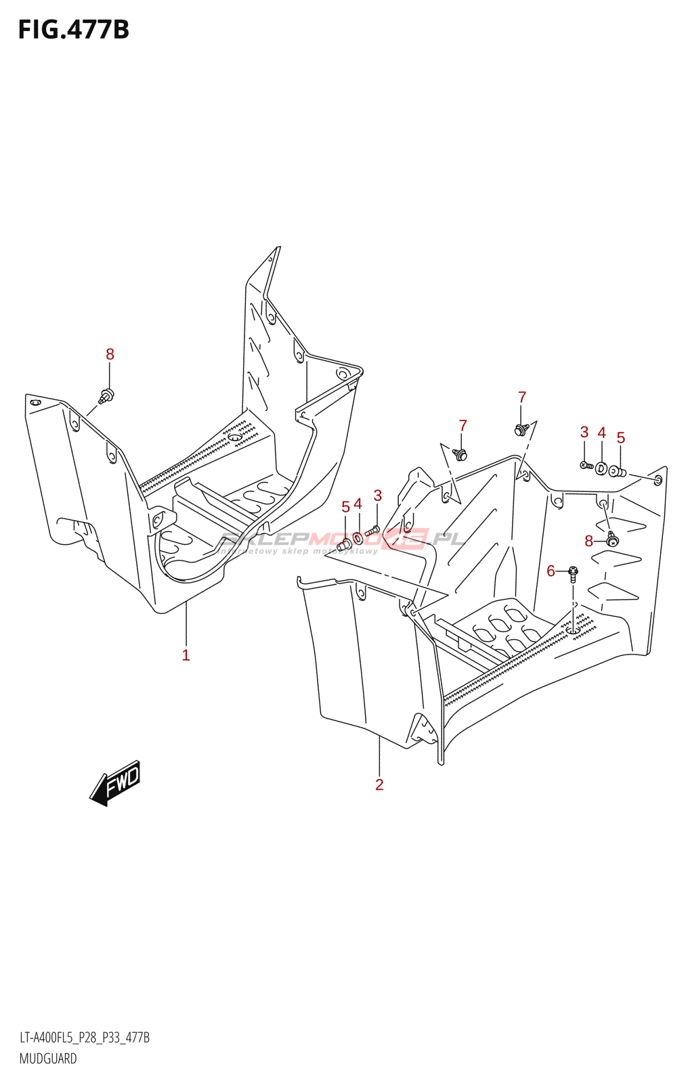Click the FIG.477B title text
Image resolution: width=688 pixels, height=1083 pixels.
coord(73,30)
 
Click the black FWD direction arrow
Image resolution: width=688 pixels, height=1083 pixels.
coord(115,783)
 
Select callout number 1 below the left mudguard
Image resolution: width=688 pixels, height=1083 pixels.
coord(186,655)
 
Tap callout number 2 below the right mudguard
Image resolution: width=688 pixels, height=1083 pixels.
coord(379,784)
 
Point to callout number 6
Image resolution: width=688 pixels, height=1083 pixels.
coord(551,571)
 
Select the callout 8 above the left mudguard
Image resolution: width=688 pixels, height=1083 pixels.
coord(110,354)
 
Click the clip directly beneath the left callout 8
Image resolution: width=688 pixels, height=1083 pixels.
coord(106,395)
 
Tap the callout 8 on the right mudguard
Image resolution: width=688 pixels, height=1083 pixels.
coord(588,541)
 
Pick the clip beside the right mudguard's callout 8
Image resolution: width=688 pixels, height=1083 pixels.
coord(612,539)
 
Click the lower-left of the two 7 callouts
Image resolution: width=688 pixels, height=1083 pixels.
coord(463,426)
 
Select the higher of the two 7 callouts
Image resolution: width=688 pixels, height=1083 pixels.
coord(521,397)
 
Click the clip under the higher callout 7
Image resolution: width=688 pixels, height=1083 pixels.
coord(520,429)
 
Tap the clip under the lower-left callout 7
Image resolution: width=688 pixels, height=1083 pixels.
coord(461,455)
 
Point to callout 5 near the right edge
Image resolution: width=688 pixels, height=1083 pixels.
coord(620,438)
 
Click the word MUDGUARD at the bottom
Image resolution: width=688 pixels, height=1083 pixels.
coord(48,1059)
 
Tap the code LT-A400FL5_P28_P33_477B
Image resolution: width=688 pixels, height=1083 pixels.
coord(85,1038)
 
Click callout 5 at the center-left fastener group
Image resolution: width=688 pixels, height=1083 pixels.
coord(345,507)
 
